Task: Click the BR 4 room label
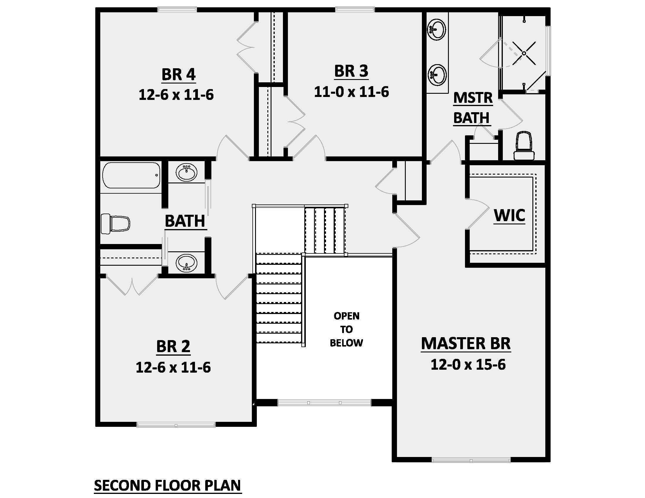pyautogui.click(x=178, y=74)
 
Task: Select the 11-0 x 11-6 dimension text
pyautogui.click(x=351, y=92)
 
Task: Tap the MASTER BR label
pyautogui.click(x=466, y=343)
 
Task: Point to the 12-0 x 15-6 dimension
pyautogui.click(x=468, y=365)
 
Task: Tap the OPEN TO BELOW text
pyautogui.click(x=347, y=329)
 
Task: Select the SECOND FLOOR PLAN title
pyautogui.click(x=167, y=485)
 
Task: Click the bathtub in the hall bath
pyautogui.click(x=131, y=175)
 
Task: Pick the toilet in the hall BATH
pyautogui.click(x=115, y=224)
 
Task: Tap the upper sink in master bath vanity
pyautogui.click(x=437, y=30)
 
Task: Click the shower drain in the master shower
pyautogui.click(x=524, y=53)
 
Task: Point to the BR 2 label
pyautogui.click(x=173, y=346)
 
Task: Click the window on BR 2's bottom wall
pyautogui.click(x=176, y=425)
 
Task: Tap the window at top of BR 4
pyautogui.click(x=177, y=9)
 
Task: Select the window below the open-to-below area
pyautogui.click(x=324, y=403)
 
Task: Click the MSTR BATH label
pyautogui.click(x=473, y=108)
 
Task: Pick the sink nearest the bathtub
pyautogui.click(x=186, y=173)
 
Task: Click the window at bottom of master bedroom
pyautogui.click(x=471, y=460)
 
